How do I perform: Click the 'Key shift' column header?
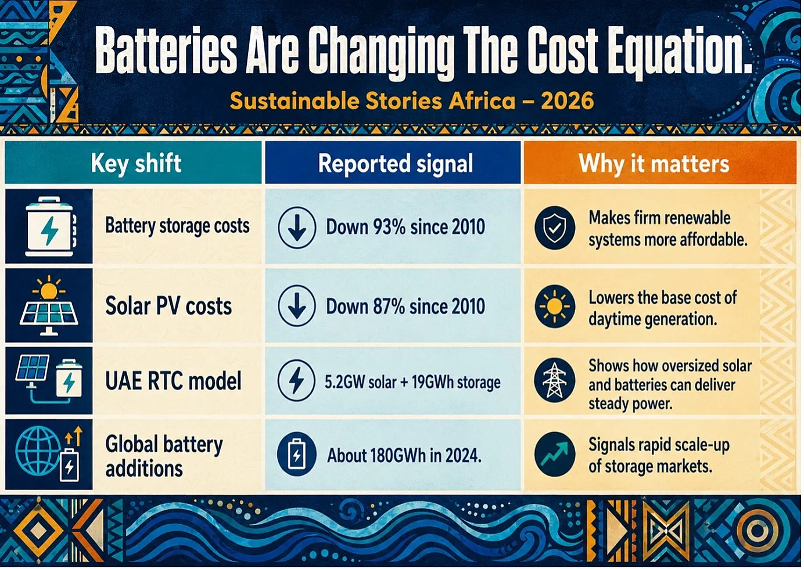pyautogui.click(x=136, y=164)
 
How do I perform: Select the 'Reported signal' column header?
pyautogui.click(x=396, y=164)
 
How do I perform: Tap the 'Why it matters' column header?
pyautogui.click(x=654, y=164)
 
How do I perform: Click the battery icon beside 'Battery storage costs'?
pyautogui.click(x=50, y=226)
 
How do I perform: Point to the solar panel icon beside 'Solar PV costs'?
pyautogui.click(x=49, y=305)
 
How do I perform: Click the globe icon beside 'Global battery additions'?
pyautogui.click(x=39, y=451)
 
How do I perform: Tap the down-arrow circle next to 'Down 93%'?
pyautogui.click(x=297, y=228)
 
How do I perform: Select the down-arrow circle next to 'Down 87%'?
pyautogui.click(x=297, y=305)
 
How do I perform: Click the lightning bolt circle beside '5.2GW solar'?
pyautogui.click(x=296, y=381)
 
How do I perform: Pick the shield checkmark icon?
pyautogui.click(x=555, y=228)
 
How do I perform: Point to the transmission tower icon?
pyautogui.click(x=555, y=380)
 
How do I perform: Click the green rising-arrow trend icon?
pyautogui.click(x=555, y=454)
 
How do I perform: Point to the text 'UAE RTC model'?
pyautogui.click(x=173, y=381)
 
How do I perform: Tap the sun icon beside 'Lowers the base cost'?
pyautogui.click(x=555, y=306)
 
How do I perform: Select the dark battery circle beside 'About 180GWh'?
pyautogui.click(x=296, y=454)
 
